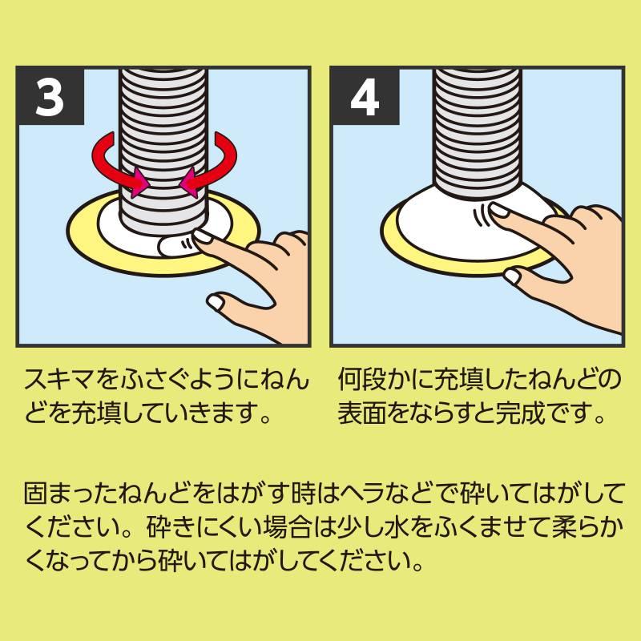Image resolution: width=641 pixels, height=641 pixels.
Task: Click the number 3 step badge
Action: pos(50,98)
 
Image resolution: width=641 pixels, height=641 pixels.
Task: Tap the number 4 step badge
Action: pos(365,98)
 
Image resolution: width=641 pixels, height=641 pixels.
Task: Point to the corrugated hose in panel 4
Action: pos(478,120)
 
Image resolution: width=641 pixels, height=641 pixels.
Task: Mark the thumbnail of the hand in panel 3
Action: pos(218,302)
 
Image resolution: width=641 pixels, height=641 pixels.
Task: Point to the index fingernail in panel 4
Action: pos(502,212)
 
